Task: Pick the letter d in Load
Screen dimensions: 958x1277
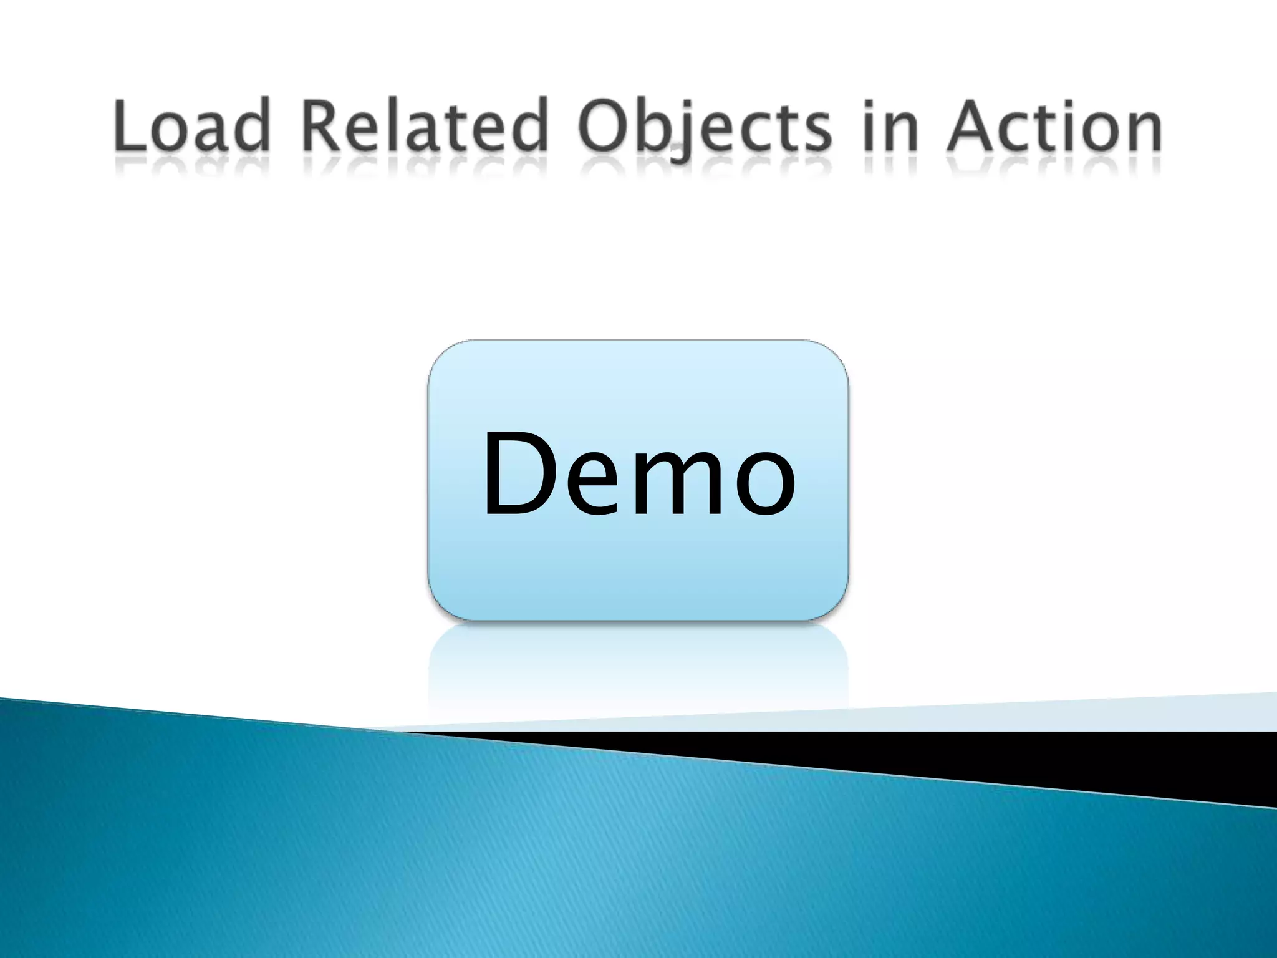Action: tap(252, 125)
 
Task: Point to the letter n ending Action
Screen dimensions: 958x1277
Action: tap(1141, 131)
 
